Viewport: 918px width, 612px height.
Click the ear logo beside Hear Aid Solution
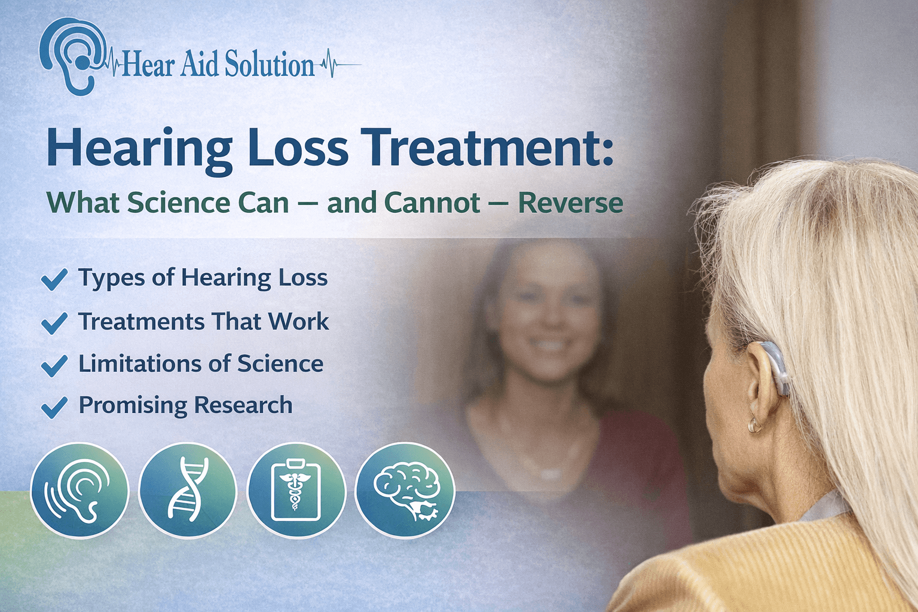[x=71, y=55]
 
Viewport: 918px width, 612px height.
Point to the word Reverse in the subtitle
[x=570, y=203]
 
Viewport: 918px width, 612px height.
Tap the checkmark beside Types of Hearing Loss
[x=54, y=279]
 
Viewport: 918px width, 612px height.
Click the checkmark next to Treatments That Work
[x=54, y=323]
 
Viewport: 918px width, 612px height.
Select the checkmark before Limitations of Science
[x=54, y=365]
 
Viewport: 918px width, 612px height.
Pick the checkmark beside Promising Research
[x=54, y=407]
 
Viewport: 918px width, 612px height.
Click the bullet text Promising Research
[x=185, y=405]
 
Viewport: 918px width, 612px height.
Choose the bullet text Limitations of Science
[x=201, y=363]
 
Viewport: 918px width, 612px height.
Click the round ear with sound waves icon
[x=79, y=491]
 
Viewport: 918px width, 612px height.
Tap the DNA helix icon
[x=188, y=491]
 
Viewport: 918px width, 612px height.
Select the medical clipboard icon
[x=296, y=491]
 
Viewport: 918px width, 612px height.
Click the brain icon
[x=405, y=491]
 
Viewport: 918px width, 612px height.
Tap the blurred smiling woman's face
[x=547, y=323]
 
